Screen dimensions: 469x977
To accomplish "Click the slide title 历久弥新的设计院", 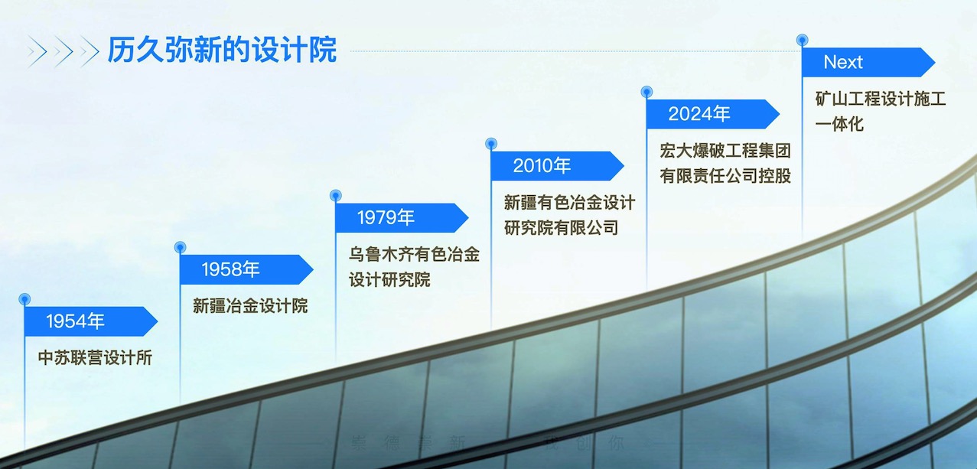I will click(222, 50).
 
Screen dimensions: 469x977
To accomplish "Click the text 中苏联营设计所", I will click(96, 357).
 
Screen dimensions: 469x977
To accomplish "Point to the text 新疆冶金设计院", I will click(250, 306).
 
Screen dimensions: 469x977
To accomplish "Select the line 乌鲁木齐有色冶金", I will click(415, 255).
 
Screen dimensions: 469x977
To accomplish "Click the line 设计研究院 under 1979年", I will click(389, 279).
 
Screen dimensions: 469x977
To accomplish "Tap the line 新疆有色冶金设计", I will click(569, 203).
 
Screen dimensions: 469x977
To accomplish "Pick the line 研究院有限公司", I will click(561, 227).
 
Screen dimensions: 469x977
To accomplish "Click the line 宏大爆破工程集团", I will click(725, 151).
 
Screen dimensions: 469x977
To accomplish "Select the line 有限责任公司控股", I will click(725, 175).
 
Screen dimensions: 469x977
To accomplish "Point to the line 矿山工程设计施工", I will click(881, 99).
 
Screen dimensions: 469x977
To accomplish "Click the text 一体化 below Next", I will click(839, 124).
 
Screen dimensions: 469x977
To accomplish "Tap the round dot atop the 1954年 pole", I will click(24, 298).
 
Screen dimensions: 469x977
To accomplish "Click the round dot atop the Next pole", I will click(802, 40).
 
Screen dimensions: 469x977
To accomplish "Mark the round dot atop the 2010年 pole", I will click(490, 143).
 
